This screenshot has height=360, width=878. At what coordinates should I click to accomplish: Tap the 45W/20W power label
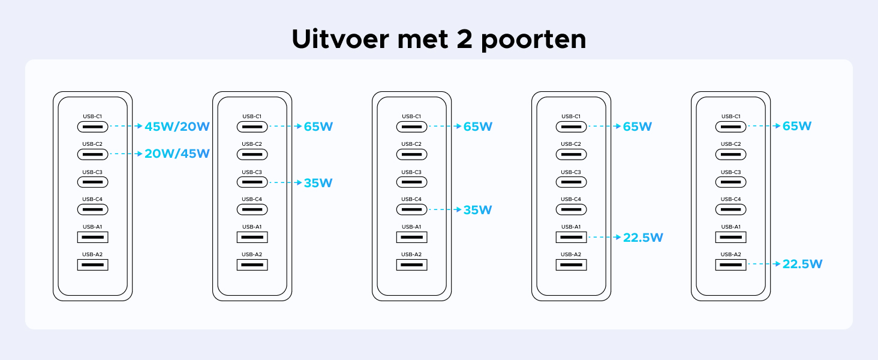tap(177, 127)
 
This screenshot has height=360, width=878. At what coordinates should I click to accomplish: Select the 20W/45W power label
tap(177, 154)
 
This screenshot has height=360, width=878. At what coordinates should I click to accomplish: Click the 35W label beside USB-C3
tap(318, 183)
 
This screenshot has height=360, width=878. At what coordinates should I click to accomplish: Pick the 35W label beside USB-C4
tap(477, 210)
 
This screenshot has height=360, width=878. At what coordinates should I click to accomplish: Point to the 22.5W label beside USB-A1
tap(643, 238)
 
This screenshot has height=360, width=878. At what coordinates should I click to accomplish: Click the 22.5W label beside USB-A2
tap(802, 264)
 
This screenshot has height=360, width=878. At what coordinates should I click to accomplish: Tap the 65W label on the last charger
tap(797, 126)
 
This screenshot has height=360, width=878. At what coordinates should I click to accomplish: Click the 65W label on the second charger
tap(318, 127)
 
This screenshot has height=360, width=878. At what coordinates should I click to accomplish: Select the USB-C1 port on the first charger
tap(92, 127)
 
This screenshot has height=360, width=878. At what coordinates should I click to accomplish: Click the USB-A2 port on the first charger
tap(92, 265)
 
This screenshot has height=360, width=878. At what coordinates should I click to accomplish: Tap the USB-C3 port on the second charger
tap(252, 182)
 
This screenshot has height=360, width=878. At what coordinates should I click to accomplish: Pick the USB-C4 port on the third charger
tap(411, 209)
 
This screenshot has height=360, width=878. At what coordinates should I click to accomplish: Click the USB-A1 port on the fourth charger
tap(571, 237)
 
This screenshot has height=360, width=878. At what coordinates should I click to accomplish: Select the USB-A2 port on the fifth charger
tap(730, 265)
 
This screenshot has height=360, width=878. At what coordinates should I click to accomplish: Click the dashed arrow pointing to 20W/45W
tap(126, 154)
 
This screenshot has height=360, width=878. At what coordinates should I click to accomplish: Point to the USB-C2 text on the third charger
tap(411, 144)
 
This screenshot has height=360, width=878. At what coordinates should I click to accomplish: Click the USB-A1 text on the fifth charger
tap(730, 227)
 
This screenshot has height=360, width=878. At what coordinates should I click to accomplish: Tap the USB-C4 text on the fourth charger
tap(571, 199)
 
